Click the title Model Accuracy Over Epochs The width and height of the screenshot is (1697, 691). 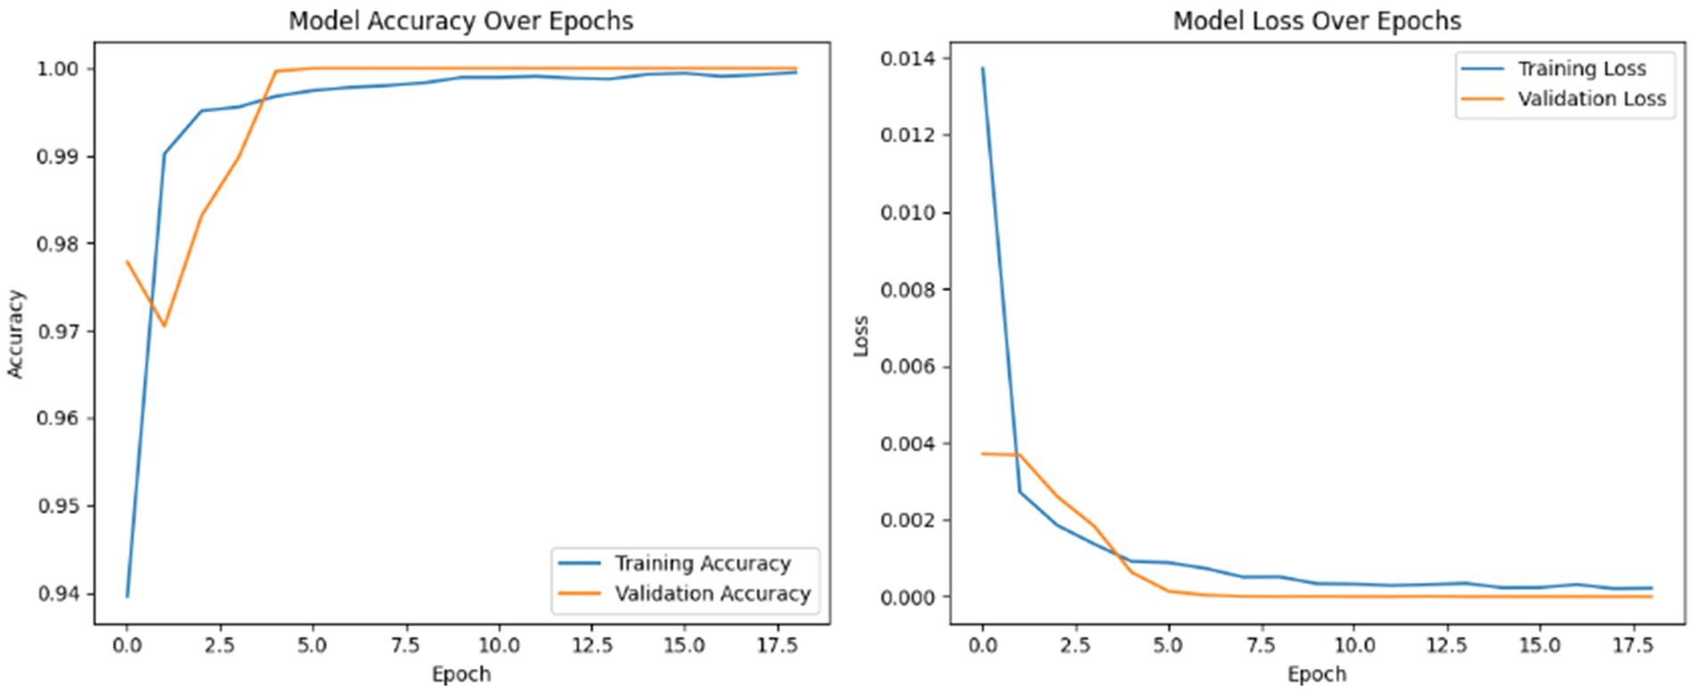(460, 21)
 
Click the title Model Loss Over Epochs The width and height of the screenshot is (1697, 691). (1316, 21)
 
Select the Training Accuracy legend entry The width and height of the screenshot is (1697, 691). (701, 563)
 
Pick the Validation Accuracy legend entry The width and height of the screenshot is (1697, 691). (711, 594)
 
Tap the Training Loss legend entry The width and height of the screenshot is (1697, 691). (1581, 69)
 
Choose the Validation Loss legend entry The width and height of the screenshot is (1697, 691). (1591, 98)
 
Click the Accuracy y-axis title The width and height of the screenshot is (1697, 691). (16, 334)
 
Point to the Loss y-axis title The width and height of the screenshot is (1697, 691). (861, 336)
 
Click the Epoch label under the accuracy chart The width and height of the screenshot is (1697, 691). (460, 674)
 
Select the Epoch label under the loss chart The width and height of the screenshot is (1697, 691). (1316, 674)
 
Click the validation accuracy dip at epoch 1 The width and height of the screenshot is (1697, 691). (164, 326)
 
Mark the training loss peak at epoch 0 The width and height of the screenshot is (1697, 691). (982, 68)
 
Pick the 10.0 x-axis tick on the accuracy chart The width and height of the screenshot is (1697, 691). (498, 645)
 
